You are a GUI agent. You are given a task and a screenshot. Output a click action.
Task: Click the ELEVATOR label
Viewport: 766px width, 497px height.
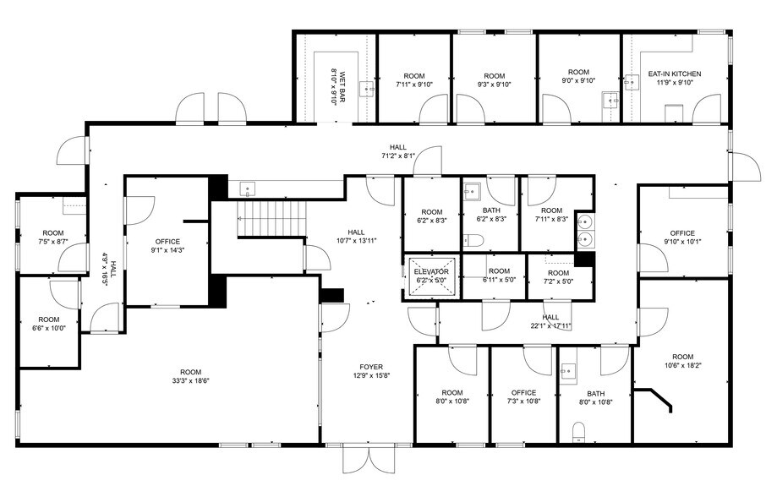pyautogui.click(x=432, y=271)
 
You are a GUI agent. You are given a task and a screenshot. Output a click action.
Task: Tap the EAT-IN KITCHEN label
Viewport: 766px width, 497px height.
pyautogui.click(x=675, y=74)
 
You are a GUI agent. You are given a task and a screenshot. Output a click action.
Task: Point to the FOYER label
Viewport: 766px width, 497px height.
pyautogui.click(x=371, y=367)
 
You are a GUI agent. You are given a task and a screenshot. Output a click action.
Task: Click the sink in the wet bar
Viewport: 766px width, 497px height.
pyautogui.click(x=367, y=88)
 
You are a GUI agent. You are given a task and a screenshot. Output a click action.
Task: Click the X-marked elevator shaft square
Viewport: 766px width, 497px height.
pyautogui.click(x=432, y=276)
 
